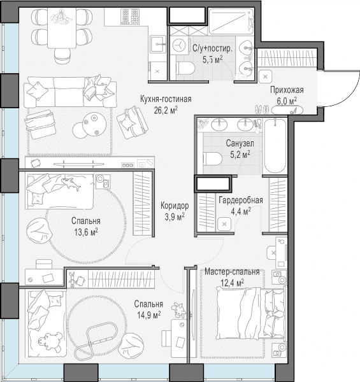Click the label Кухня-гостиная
[166, 99]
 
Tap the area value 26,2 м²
[166, 110]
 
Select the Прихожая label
[287, 90]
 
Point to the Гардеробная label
[241, 201]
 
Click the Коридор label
[175, 206]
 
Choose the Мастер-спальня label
[232, 272]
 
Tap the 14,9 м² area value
[148, 316]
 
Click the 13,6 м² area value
[86, 232]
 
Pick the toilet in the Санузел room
[213, 159]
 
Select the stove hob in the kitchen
[130, 16]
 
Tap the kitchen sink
[158, 44]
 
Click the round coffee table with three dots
[94, 125]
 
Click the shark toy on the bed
[71, 183]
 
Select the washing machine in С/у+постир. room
[180, 45]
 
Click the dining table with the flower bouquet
[62, 28]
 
